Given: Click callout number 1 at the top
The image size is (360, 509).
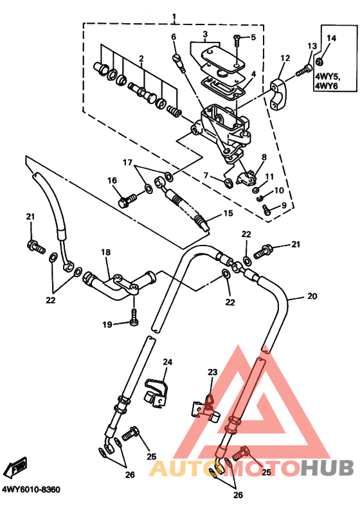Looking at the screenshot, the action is [174, 16].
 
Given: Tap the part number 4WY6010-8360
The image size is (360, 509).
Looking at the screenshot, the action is [31, 489].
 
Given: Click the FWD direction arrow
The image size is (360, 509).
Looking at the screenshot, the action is [17, 467].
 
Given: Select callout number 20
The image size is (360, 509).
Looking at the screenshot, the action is [312, 296].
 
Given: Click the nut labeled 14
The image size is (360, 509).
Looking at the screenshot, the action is [319, 61].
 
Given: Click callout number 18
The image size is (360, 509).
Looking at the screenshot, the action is [105, 252].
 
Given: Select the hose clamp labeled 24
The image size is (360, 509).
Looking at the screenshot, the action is [155, 392].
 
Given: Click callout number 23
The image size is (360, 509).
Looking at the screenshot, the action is [213, 372].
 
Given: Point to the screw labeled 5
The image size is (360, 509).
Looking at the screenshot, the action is [237, 40].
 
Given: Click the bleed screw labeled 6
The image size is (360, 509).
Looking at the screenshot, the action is [178, 62].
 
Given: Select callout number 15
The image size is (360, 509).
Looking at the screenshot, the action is [228, 213].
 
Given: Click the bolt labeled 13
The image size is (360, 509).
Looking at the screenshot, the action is [304, 71].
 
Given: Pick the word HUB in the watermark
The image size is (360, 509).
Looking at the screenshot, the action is [327, 469].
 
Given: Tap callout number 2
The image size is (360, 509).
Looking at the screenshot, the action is [141, 58].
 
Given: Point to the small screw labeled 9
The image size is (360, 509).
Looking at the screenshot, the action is [267, 210].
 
